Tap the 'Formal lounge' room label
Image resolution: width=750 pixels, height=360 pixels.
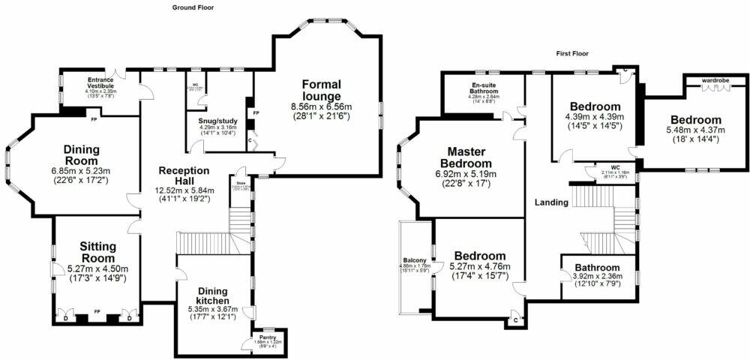(x=322, y=89)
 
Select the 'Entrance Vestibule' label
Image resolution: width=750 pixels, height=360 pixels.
(x=100, y=82)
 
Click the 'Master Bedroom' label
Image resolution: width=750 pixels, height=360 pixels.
(x=465, y=157)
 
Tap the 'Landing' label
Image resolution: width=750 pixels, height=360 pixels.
(x=550, y=202)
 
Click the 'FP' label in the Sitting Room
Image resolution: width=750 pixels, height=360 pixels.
(x=97, y=311)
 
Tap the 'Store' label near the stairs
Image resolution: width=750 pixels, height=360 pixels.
(x=241, y=181)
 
